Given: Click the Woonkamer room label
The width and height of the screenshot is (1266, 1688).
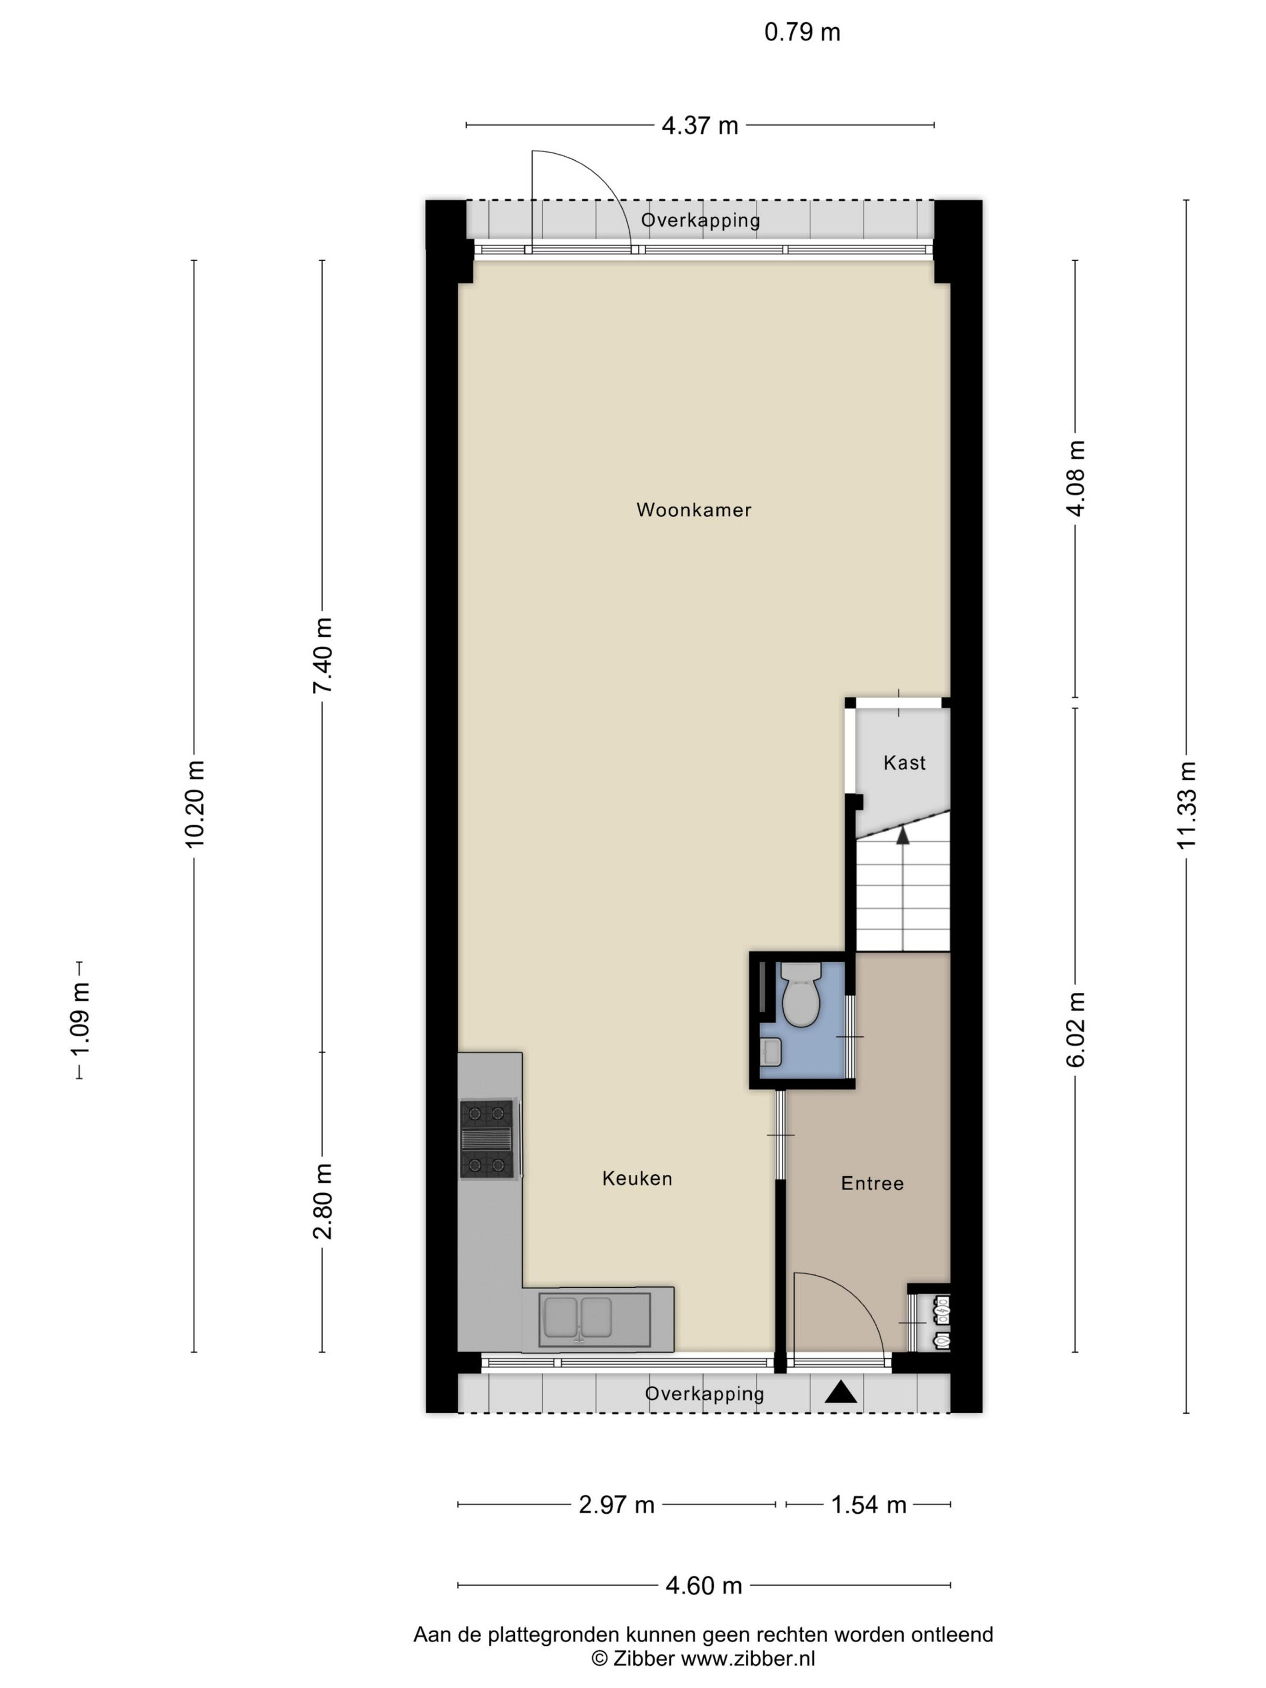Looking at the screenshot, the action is [x=694, y=510].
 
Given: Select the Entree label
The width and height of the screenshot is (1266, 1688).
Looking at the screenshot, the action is [x=872, y=1183].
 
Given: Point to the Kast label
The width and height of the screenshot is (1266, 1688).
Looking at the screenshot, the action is [x=904, y=763].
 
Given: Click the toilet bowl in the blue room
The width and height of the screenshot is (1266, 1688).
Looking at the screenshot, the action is [x=801, y=994].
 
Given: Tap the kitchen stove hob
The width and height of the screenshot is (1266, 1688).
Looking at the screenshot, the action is [x=487, y=1138].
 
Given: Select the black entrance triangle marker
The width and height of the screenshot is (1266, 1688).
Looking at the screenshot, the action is [x=841, y=1393].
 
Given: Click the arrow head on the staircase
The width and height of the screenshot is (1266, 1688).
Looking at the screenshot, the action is [x=902, y=836].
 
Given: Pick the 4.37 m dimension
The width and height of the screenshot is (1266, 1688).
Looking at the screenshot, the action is [x=700, y=125].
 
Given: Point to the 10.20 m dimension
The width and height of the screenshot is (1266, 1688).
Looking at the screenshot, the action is [x=194, y=804].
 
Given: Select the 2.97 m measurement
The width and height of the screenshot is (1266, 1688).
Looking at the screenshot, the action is [x=617, y=1504].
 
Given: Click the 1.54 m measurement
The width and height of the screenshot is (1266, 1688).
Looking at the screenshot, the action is [x=869, y=1504].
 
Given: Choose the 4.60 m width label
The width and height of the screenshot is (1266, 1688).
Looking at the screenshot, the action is [x=704, y=1586].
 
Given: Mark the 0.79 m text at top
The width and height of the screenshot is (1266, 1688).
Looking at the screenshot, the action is [x=802, y=32].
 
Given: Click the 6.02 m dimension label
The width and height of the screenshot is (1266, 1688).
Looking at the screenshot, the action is [x=1075, y=1030].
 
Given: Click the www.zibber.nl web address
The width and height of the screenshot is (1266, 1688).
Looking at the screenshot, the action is [x=748, y=1658].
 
